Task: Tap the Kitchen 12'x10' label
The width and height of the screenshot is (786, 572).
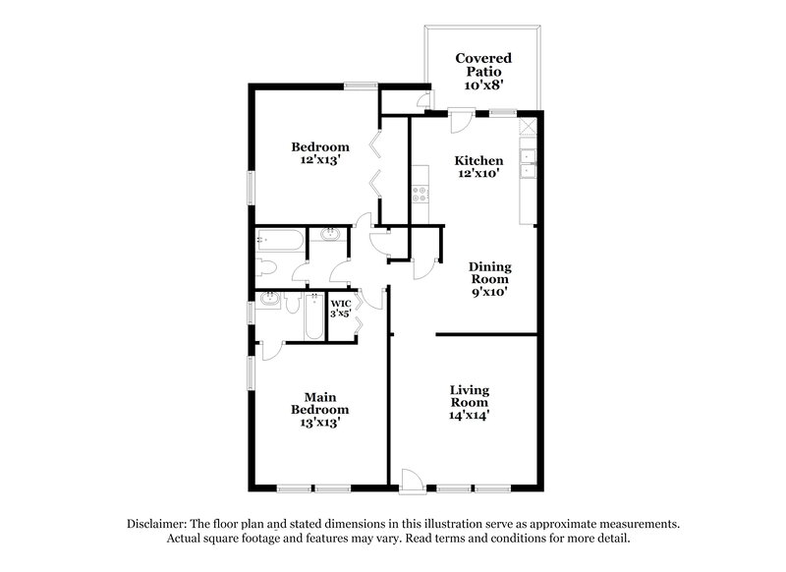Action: click(478, 166)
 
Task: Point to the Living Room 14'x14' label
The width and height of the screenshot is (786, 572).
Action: click(470, 402)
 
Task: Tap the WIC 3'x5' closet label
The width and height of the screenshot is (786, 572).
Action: click(341, 308)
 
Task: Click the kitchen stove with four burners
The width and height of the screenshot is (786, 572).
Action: click(422, 188)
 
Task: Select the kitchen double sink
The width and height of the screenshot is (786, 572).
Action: click(528, 163)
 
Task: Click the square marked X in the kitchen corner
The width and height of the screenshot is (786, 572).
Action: click(528, 127)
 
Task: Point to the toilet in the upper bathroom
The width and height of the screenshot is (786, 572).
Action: click(266, 267)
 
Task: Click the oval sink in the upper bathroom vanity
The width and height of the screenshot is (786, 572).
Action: click(329, 236)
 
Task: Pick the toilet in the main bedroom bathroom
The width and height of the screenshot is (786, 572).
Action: click(291, 304)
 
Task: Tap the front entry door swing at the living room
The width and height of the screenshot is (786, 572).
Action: click(412, 481)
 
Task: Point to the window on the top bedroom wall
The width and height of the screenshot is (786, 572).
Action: click(360, 86)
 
